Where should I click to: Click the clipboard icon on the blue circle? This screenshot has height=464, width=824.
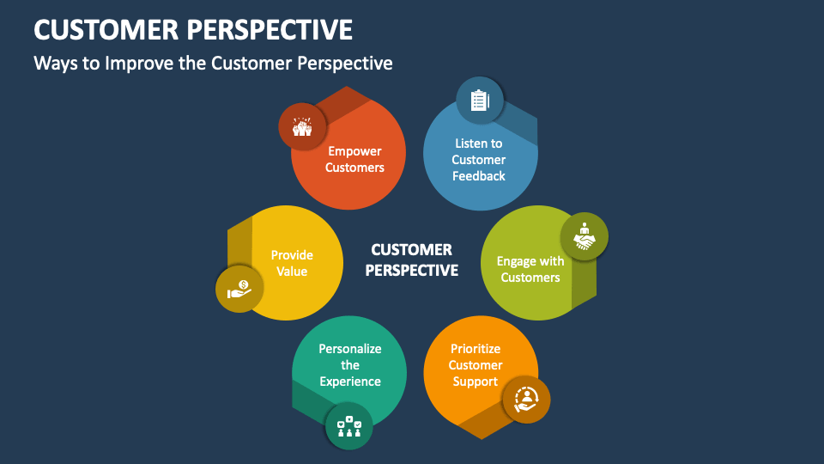pos(479,101)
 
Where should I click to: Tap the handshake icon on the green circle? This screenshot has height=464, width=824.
pos(585,236)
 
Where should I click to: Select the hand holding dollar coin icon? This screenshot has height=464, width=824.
pos(239,289)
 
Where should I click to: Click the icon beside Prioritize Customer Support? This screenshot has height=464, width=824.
pos(526,399)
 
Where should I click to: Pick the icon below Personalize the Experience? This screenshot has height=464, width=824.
pos(349,426)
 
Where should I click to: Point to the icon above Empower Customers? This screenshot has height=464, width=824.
pos(302,126)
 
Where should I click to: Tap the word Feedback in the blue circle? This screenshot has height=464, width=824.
pos(479,176)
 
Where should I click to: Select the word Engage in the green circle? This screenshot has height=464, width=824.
pos(516,261)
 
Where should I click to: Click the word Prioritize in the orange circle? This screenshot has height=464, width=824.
pos(476,349)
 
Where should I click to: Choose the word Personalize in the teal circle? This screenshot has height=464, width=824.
pos(350,349)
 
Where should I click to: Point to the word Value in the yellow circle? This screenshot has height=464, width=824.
pos(292,272)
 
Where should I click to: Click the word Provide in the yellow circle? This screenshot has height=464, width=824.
pos(292,255)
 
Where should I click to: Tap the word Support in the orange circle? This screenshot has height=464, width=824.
pos(476,382)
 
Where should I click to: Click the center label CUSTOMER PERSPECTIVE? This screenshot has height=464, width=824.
pos(412,259)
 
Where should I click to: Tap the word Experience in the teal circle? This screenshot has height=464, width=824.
pos(350,382)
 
